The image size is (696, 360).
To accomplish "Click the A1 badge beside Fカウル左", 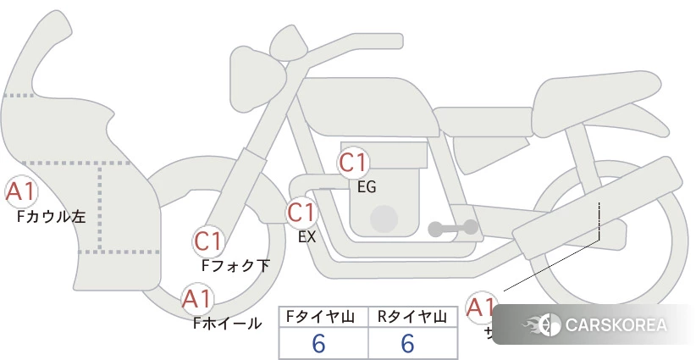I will point(19,192).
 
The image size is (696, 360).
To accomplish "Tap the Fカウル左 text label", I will point(51,217).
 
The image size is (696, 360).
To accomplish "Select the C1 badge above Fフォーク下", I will point(208,241).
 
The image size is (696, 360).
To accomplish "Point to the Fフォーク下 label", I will point(235,266).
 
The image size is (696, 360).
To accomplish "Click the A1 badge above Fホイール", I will point(197,299).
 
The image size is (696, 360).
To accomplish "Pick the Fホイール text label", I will point(228,323).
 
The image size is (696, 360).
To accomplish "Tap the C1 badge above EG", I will point(352,162).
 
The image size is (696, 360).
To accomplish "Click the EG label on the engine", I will point(367,187).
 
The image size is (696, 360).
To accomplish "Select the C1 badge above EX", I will point(301,212).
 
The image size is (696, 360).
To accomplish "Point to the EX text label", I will point(307,237).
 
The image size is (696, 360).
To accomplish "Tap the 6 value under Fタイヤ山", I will point(319,343).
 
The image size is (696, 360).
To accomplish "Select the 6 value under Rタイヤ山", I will point(408,343).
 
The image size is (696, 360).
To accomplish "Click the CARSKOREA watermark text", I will point(616,325).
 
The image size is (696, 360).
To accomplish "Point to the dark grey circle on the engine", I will point(384,219).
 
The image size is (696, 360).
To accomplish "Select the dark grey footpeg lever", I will point(453,228).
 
